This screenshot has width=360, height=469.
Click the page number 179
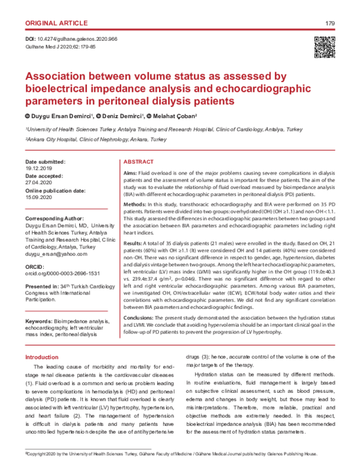click(329, 23)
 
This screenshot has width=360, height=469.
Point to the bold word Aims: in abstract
click(130, 173)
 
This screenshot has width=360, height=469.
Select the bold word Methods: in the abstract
click(136, 205)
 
